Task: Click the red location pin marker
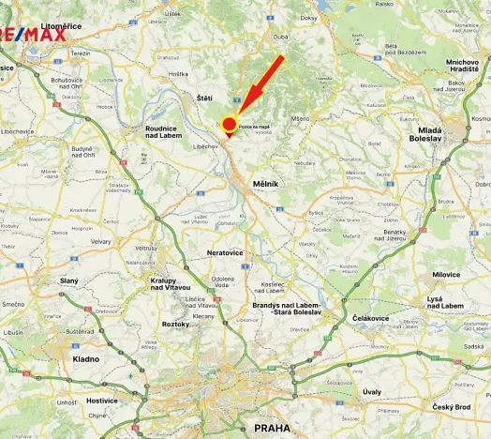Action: coord(229,125)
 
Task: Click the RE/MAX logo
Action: coord(33,36)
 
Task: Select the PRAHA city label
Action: coord(272,429)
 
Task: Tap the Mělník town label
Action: coord(266,184)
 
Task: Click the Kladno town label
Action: coord(86,358)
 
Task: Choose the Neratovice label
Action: coord(230,253)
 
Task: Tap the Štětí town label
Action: coord(204,98)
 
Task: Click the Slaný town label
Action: coord(69,280)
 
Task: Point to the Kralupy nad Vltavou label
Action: coord(171,284)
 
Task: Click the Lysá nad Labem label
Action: coord(446,302)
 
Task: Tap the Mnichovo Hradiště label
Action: coord(450,64)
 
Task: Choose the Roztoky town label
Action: coord(175,324)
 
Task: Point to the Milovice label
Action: coord(446,275)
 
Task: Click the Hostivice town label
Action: coord(101,400)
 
